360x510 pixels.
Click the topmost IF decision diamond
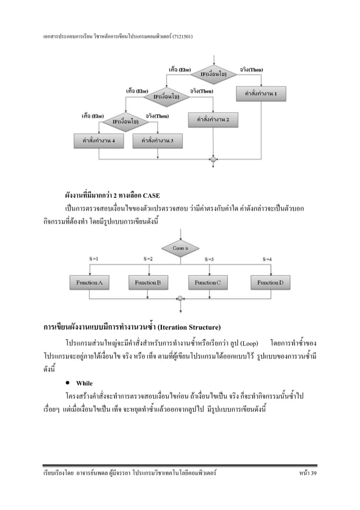tap(214, 74)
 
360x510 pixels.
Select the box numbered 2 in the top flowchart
tap(213, 120)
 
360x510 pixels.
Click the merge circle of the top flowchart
tap(213, 160)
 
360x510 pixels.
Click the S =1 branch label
tap(95, 259)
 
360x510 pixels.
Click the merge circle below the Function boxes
tap(180, 298)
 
